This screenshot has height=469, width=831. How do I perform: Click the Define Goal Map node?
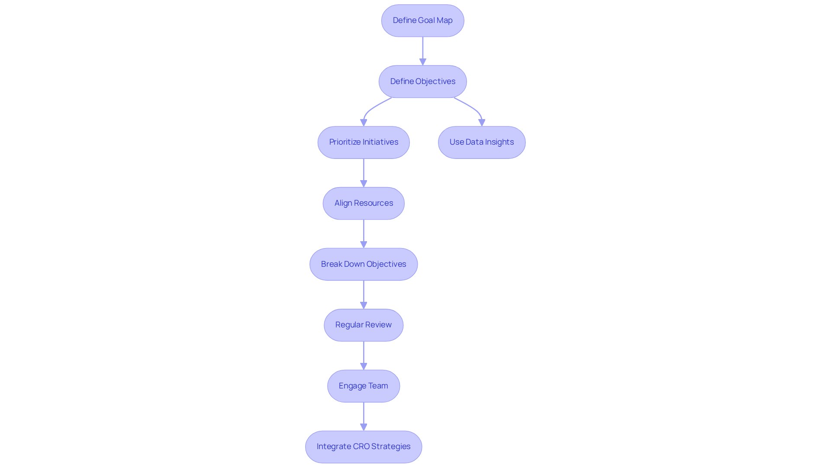[x=422, y=21]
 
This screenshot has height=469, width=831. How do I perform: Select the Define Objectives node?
[x=422, y=81]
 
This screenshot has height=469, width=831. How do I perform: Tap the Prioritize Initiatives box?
[x=364, y=142]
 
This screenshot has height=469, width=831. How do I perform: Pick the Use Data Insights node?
[x=481, y=142]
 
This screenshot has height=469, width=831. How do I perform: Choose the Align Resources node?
[x=364, y=203]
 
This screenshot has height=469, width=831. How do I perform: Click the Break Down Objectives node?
[x=364, y=264]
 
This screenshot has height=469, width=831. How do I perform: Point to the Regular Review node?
[x=364, y=325]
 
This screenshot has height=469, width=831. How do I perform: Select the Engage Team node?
[x=364, y=386]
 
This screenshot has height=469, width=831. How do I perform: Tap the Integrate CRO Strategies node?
[x=364, y=446]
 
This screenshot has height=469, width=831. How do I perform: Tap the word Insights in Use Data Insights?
[x=499, y=142]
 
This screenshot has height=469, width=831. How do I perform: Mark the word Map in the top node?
[x=444, y=20]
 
